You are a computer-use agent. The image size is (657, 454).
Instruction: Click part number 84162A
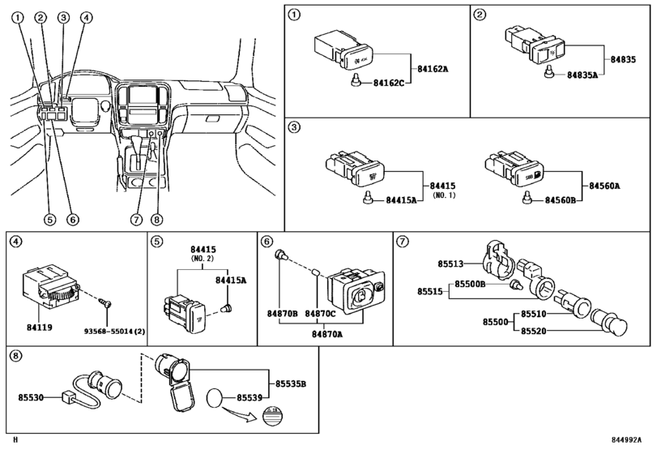[433, 70]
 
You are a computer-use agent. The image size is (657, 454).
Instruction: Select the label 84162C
[389, 83]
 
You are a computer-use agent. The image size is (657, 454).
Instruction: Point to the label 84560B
[561, 199]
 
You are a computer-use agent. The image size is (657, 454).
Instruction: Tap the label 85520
[534, 331]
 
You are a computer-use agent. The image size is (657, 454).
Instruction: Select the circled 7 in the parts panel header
[402, 240]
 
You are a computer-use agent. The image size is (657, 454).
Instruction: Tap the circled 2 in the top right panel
[480, 15]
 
